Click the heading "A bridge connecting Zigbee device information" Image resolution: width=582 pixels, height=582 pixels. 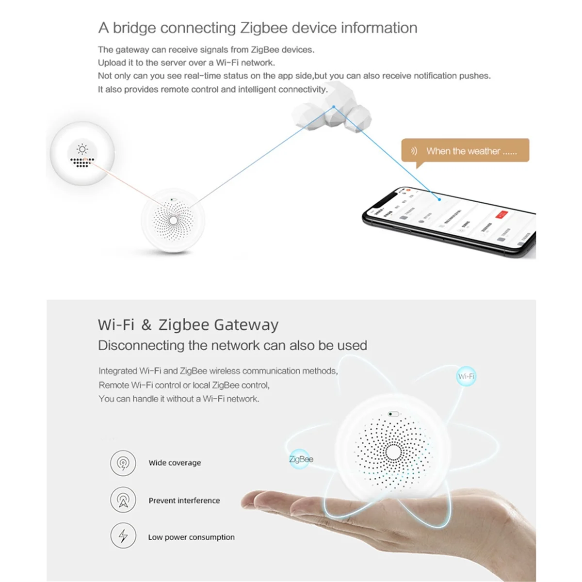[x=258, y=28]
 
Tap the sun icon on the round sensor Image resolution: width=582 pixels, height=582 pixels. [x=82, y=149]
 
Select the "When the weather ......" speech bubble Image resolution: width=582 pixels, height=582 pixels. [x=465, y=151]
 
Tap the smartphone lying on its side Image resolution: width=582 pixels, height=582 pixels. [x=449, y=221]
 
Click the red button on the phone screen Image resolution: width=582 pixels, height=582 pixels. [x=501, y=214]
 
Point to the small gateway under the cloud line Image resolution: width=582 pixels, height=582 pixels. [x=173, y=221]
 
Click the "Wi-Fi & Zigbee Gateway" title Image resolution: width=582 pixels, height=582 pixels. [x=188, y=324]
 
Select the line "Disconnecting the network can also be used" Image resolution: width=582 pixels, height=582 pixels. [x=232, y=345]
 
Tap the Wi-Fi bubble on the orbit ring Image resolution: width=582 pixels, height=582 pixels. [x=466, y=376]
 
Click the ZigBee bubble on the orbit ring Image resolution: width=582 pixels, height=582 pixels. [x=301, y=459]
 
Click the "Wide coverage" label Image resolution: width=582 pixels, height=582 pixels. [x=175, y=463]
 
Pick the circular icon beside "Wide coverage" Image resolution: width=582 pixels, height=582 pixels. [x=123, y=463]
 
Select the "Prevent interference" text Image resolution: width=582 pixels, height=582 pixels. [x=184, y=501]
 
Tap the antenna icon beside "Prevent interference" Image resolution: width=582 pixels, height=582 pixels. [x=123, y=500]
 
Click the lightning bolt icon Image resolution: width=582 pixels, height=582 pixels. [x=123, y=536]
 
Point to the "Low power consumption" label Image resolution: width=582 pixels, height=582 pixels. [x=191, y=537]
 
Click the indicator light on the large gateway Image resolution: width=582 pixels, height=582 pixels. [x=393, y=414]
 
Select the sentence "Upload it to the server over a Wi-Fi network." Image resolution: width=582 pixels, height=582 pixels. [x=186, y=63]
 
